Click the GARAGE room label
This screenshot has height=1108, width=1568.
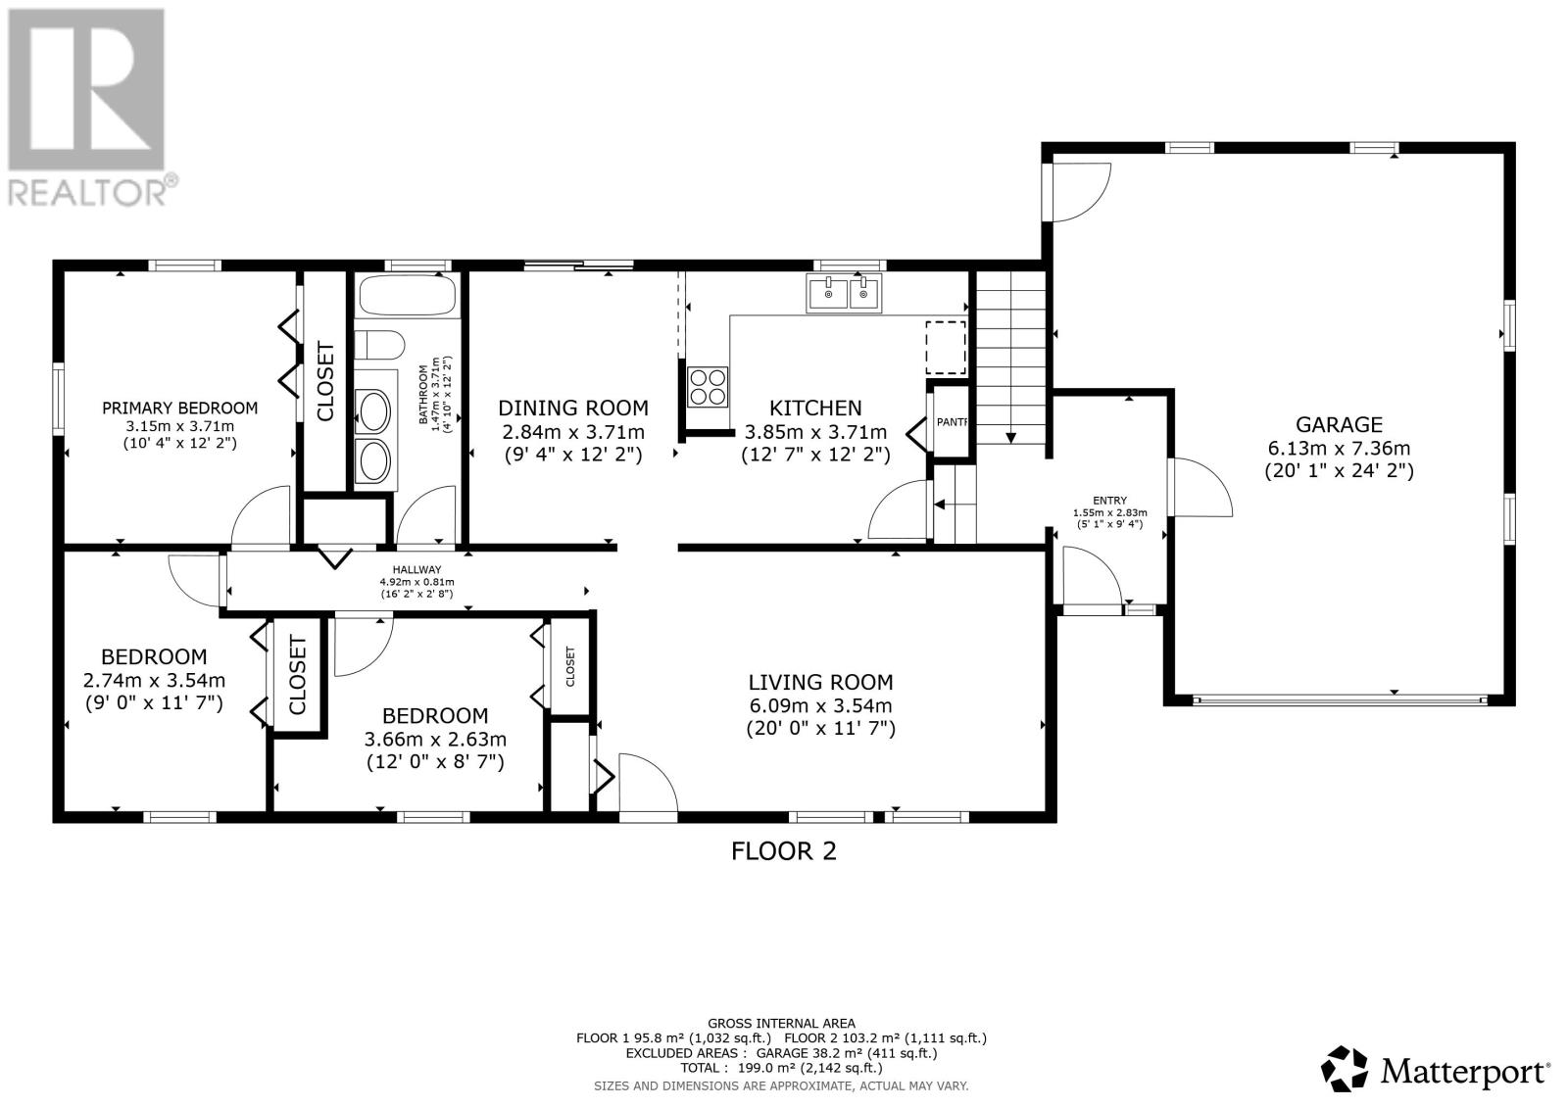(x=1339, y=425)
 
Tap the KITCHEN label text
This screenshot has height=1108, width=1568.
(x=815, y=409)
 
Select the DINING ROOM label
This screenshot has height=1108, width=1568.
(x=573, y=409)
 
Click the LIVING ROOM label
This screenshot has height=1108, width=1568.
(x=820, y=683)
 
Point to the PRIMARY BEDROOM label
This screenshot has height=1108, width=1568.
(x=179, y=409)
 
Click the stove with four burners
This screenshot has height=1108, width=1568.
(x=710, y=385)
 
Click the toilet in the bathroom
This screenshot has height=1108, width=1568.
(x=380, y=346)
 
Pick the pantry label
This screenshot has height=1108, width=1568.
(x=951, y=422)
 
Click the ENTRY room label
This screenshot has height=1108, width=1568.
(x=1110, y=501)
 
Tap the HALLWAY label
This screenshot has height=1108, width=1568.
(x=416, y=570)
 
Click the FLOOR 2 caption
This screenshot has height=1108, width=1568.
(x=784, y=851)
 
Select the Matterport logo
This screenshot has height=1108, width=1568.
(x=1437, y=1069)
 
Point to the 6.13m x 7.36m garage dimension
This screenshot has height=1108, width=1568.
(x=1339, y=449)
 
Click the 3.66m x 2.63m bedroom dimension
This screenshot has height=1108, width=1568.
(x=435, y=740)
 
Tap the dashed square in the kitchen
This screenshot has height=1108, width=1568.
(x=946, y=348)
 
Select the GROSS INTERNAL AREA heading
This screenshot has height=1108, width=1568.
(x=781, y=1024)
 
